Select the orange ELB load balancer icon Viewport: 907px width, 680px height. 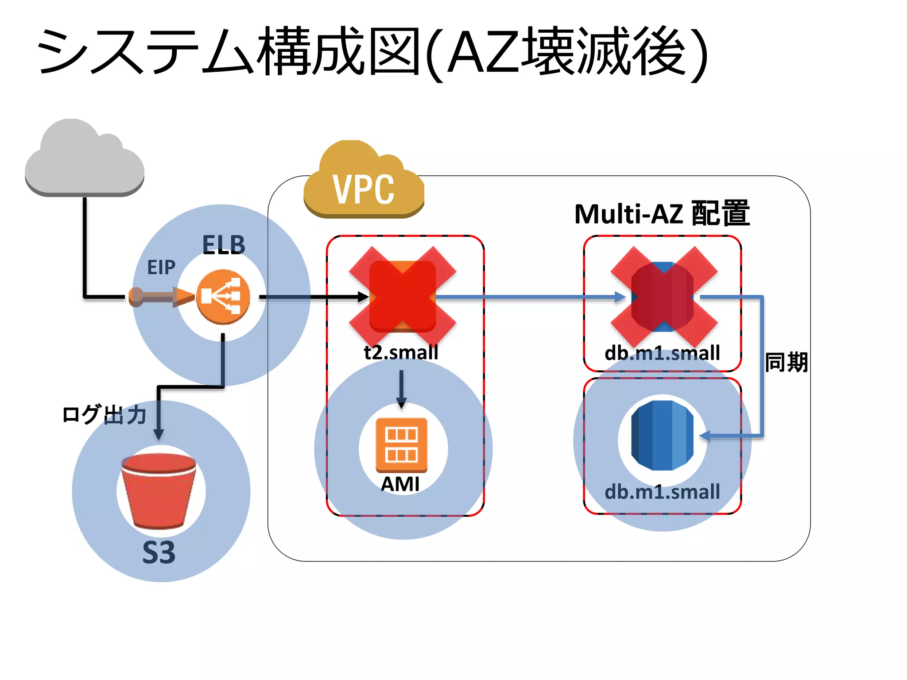pos(223,297)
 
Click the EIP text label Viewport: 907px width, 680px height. pos(161,267)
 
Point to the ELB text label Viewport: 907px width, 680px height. pos(224,245)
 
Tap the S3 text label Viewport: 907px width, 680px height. pos(159,552)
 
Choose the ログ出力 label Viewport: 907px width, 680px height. pos(105,414)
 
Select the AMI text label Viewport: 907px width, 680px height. pos(400,484)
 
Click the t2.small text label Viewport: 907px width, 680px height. pos(401,352)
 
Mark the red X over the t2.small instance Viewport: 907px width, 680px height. pos(402,297)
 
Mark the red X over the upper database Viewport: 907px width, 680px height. pos(663,297)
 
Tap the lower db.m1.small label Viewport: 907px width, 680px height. pos(662,492)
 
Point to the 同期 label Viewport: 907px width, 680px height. pos(787,363)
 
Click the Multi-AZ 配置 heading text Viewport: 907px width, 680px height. pos(662,214)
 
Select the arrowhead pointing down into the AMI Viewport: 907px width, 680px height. pos(401,403)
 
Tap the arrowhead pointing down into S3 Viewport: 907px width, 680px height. pos(159,434)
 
